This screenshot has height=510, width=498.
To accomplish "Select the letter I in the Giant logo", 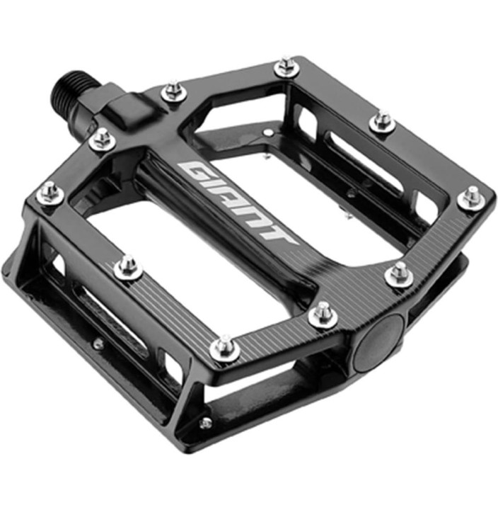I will click(x=215, y=186).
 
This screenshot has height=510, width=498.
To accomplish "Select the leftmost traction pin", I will click(x=49, y=192).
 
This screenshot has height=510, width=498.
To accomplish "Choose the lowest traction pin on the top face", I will click(x=226, y=347).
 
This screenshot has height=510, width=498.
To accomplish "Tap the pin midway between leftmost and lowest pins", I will click(x=128, y=266).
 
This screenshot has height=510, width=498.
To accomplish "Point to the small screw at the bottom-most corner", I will click(x=206, y=423).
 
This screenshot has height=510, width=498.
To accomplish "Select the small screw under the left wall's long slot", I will click(x=99, y=344).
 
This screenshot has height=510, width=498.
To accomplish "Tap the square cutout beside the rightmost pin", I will click(x=425, y=205).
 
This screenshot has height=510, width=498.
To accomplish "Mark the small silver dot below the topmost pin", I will click(x=267, y=132).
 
